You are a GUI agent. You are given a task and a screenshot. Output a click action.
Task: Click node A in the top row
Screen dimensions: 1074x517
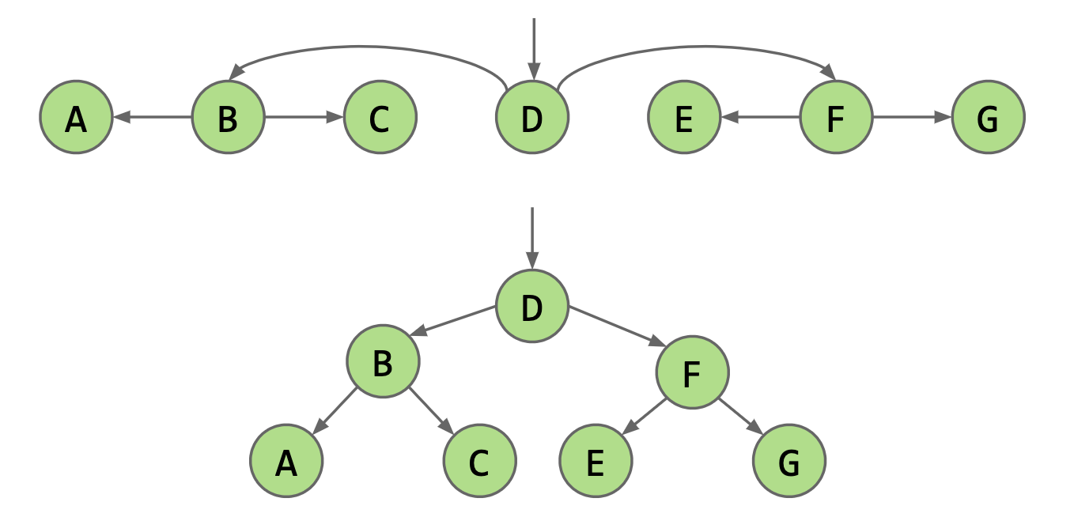[x=76, y=117]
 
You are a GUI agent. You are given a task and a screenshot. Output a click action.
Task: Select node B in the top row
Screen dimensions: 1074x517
[x=229, y=117]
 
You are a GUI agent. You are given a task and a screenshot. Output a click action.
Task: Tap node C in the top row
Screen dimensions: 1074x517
[x=380, y=117]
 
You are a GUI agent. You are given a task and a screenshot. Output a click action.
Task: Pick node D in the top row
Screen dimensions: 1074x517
[x=532, y=117]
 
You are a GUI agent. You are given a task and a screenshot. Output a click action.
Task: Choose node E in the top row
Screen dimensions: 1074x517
[x=684, y=117]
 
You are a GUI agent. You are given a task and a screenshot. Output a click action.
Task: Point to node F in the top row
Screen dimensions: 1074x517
[x=836, y=117]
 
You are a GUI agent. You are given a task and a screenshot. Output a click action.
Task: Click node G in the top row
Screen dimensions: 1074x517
[x=988, y=117]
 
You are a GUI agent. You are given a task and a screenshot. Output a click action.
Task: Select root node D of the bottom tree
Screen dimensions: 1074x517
[x=532, y=306]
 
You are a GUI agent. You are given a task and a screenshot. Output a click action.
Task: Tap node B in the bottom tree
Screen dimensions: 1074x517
[x=383, y=361]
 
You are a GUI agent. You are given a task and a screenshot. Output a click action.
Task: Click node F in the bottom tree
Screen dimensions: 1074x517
[x=692, y=372]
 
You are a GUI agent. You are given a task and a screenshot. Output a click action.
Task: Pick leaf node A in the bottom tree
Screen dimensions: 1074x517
[x=286, y=460]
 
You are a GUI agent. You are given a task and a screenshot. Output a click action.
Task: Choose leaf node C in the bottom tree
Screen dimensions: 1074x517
[x=480, y=460]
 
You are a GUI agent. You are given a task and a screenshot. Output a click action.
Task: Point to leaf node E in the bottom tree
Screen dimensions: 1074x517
[x=596, y=460]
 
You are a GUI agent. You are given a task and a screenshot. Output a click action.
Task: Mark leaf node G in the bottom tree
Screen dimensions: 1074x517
[x=789, y=460]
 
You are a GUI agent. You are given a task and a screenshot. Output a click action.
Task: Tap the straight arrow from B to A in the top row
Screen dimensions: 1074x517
[x=153, y=117]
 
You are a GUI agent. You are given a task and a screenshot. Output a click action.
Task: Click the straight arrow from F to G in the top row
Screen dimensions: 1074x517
[x=912, y=117]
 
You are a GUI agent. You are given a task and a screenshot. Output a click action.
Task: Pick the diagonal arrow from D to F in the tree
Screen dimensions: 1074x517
[x=617, y=326]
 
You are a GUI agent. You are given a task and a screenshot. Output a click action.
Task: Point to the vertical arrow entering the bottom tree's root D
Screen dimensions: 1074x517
[x=532, y=238]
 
